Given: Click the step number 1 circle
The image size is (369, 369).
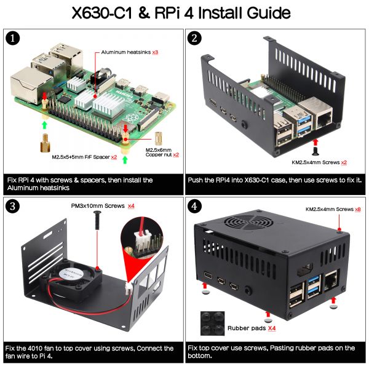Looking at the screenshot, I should (x=13, y=38).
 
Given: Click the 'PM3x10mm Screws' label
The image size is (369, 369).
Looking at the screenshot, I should (x=98, y=205).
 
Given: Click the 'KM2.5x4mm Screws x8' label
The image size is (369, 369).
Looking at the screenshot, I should (x=333, y=210).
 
